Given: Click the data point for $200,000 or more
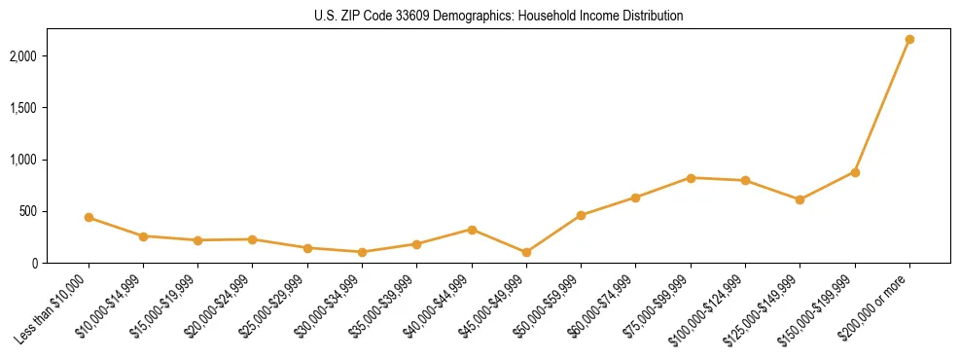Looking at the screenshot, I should coord(909,39).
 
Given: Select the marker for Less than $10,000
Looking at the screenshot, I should coord(89,217).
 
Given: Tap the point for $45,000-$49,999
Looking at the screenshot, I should coord(526,252).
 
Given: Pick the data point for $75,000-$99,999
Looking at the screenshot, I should coord(691,178).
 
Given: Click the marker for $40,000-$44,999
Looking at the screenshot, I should coord(472,230).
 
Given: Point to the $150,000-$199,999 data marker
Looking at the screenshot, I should coord(855,172).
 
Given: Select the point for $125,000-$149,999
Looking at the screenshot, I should coord(800,199).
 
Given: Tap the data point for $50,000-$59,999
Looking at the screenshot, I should coord(581,215).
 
